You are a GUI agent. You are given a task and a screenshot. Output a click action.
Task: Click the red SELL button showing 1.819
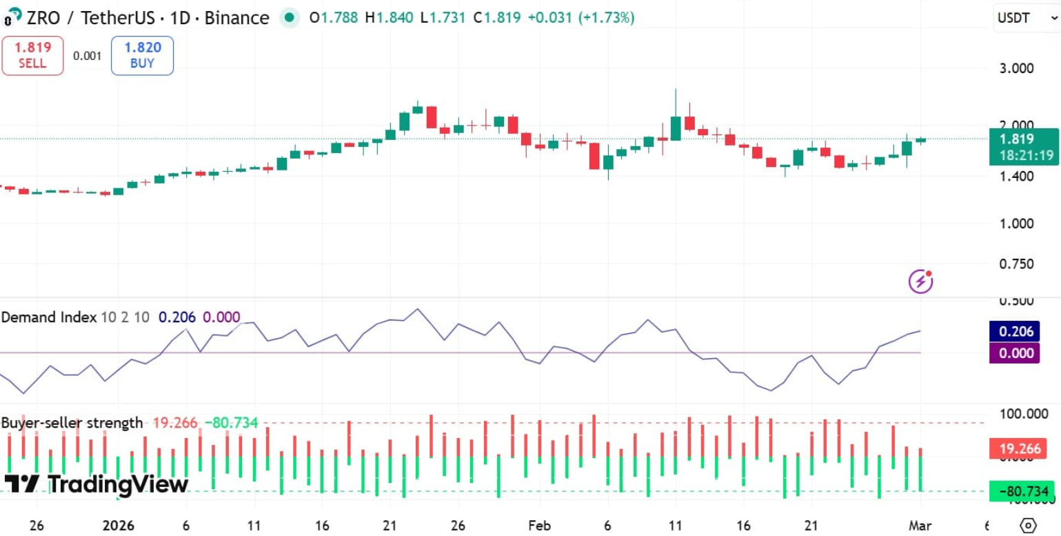pos(32,55)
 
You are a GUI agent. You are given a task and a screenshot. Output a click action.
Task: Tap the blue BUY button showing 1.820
pos(142,55)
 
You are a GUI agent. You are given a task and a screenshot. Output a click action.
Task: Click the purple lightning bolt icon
pos(920,281)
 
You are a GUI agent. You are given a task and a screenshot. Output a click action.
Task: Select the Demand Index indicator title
pos(49,317)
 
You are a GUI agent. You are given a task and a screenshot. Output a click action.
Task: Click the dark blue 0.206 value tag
pos(1013,332)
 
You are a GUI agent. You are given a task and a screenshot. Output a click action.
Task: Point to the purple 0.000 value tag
pos(1013,353)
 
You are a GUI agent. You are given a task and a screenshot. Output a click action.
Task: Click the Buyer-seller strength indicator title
pos(72,423)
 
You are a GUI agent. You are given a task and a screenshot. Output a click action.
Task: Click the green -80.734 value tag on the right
pos(1022,492)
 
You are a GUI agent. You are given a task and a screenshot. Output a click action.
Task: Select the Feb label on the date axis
pos(540,525)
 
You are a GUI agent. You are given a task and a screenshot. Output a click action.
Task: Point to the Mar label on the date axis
pos(920,525)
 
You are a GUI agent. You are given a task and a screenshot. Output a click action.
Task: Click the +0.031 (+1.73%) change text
pos(580,18)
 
